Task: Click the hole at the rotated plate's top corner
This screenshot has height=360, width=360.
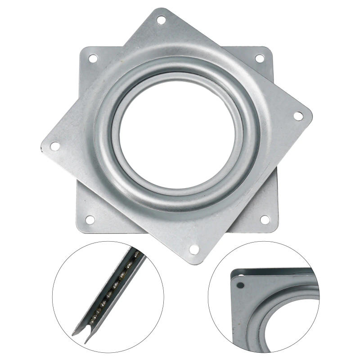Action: click(161, 20)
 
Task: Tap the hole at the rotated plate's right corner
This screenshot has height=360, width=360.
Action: click(298, 116)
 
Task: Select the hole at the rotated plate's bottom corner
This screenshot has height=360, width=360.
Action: click(194, 249)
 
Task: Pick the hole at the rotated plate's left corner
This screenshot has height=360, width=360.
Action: click(54, 146)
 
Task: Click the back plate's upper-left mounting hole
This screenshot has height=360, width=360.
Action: click(93, 58)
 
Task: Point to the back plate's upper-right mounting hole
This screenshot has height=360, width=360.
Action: click(260, 58)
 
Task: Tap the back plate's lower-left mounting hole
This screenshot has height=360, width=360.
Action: click(90, 220)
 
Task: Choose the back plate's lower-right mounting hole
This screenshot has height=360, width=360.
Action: click(265, 220)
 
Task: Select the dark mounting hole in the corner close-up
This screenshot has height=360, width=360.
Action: click(241, 285)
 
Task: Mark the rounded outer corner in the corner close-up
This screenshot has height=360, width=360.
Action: click(234, 273)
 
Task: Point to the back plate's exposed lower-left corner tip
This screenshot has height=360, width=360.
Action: click(81, 229)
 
